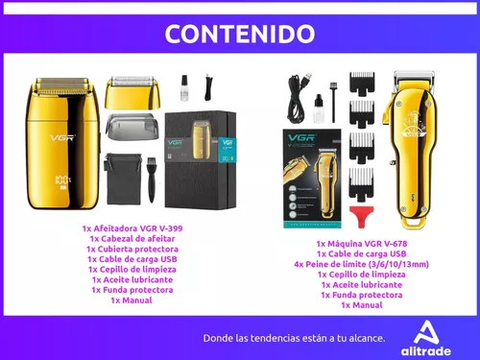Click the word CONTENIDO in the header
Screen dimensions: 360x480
(240, 35)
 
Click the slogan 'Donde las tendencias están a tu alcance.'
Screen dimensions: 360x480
(294, 338)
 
